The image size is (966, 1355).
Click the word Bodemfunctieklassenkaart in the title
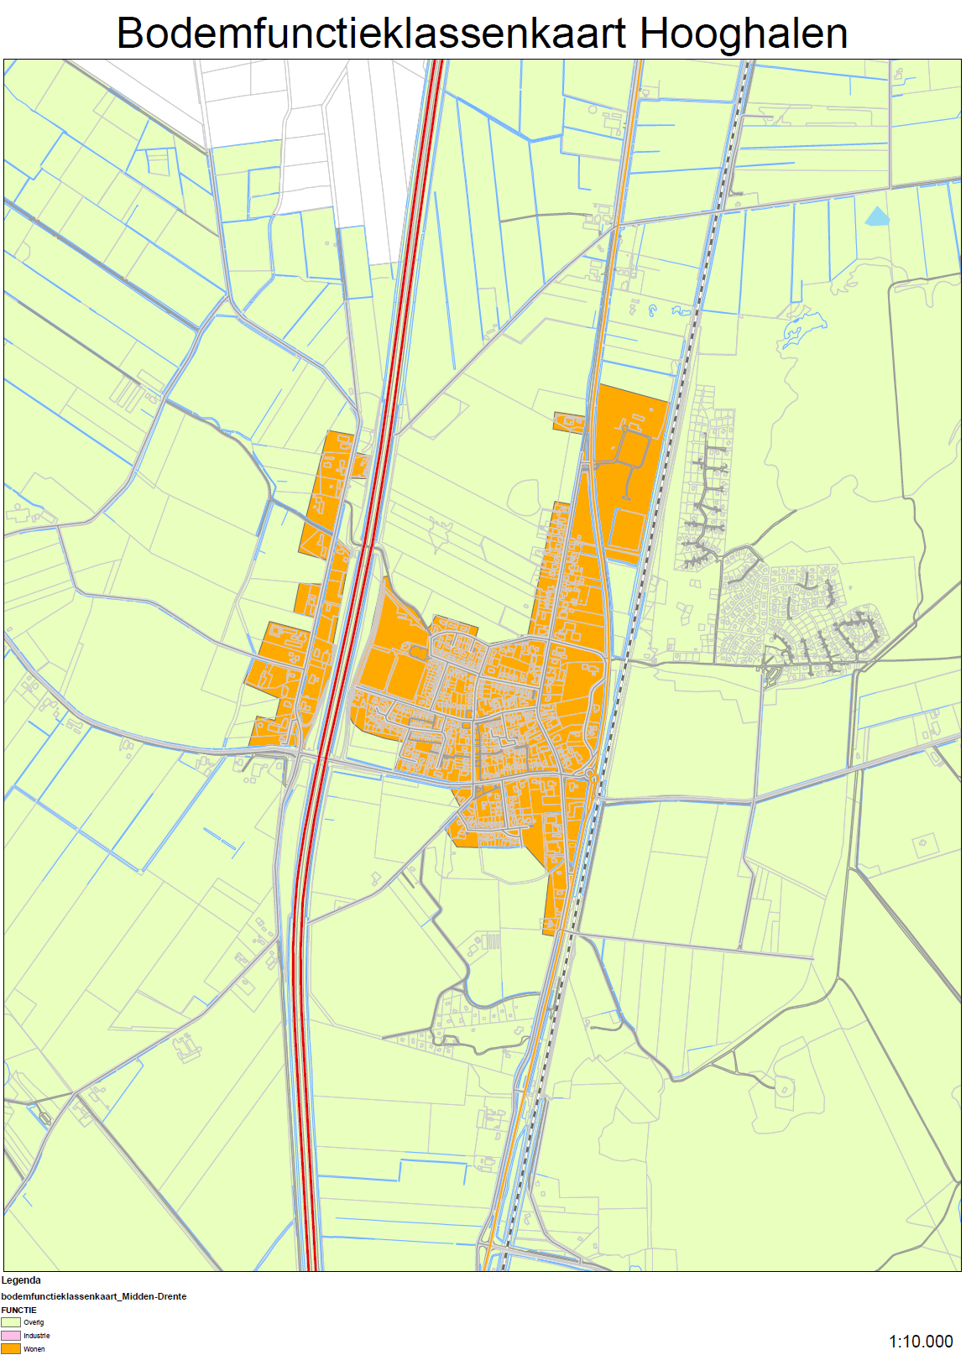click(371, 34)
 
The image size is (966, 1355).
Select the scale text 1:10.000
click(921, 1341)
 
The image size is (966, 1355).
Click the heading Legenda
click(21, 1280)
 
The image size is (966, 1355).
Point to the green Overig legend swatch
click(11, 1322)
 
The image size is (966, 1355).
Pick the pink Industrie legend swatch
click(11, 1336)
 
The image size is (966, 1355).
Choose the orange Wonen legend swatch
click(11, 1348)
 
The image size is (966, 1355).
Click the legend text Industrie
click(37, 1336)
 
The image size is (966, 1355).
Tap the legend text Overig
click(34, 1322)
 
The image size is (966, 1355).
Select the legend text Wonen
click(34, 1349)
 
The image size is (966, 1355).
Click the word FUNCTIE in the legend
click(18, 1310)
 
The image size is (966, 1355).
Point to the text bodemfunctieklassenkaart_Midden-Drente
click(94, 1296)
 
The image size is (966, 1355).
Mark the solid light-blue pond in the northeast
click(876, 217)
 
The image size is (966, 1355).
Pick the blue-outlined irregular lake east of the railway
click(802, 327)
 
